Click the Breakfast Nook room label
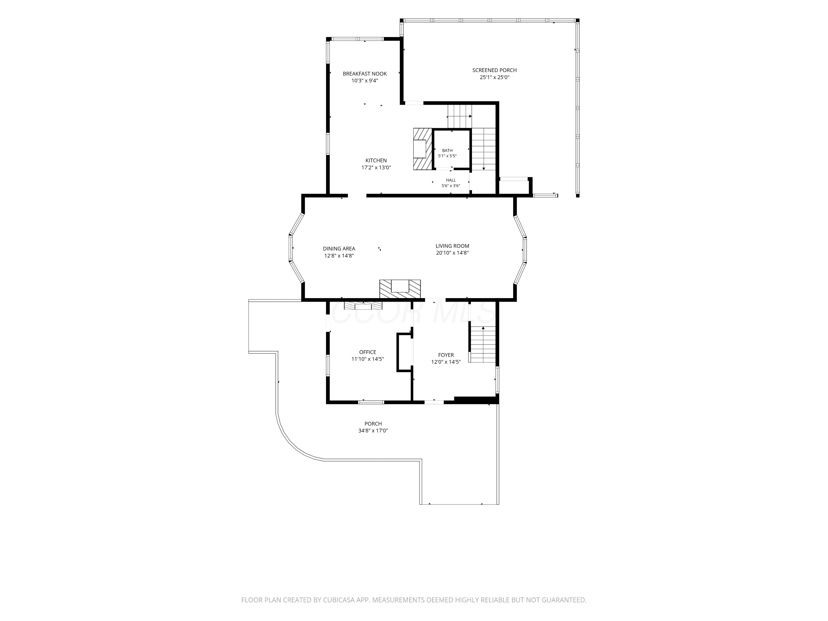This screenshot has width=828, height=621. (365, 74)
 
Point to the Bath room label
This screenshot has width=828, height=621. (447, 150)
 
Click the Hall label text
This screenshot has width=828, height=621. (451, 180)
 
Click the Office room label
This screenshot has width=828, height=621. (368, 352)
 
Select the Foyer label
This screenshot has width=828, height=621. (446, 355)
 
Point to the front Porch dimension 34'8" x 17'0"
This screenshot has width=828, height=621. (373, 431)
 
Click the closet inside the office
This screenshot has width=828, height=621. (405, 352)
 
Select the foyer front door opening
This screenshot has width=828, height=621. (434, 402)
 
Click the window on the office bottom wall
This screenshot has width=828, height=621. (371, 402)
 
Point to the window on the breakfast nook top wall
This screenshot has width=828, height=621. (358, 39)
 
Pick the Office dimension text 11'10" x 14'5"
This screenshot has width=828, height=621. (368, 359)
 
